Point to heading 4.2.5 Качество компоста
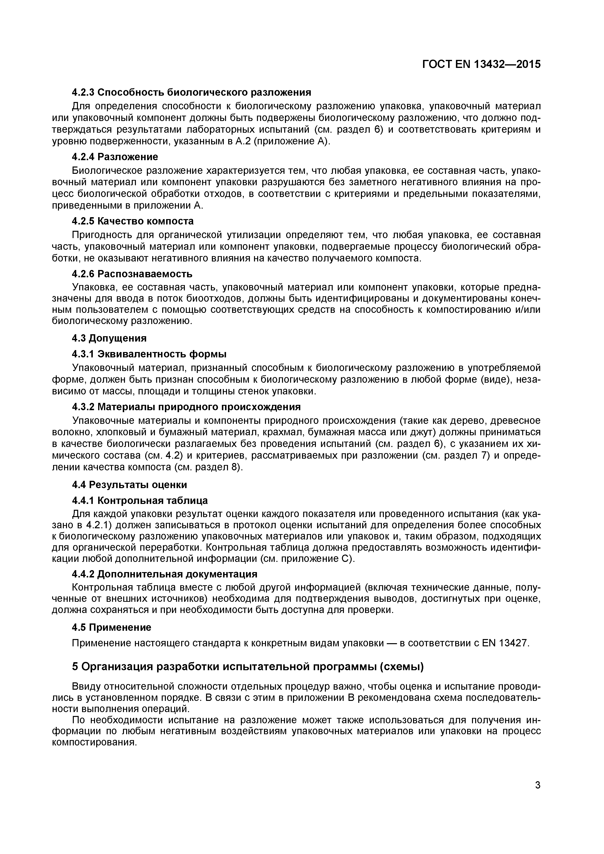tap(132, 221)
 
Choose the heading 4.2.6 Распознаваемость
tap(132, 274)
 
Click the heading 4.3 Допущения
tap(109, 338)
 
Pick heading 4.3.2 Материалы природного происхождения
tap(186, 407)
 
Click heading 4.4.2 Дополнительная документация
tap(164, 574)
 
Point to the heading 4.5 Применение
tap(111, 628)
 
